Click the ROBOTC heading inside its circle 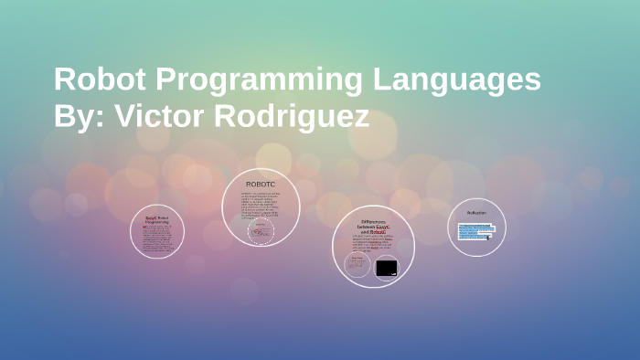(261, 185)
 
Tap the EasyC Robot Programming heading (157, 219)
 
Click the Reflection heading (476, 213)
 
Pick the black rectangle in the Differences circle (386, 268)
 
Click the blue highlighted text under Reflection (475, 228)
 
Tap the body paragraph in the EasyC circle (157, 238)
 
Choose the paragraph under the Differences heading (373, 244)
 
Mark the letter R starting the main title (64, 80)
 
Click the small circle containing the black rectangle (386, 267)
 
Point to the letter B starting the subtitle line (63, 118)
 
